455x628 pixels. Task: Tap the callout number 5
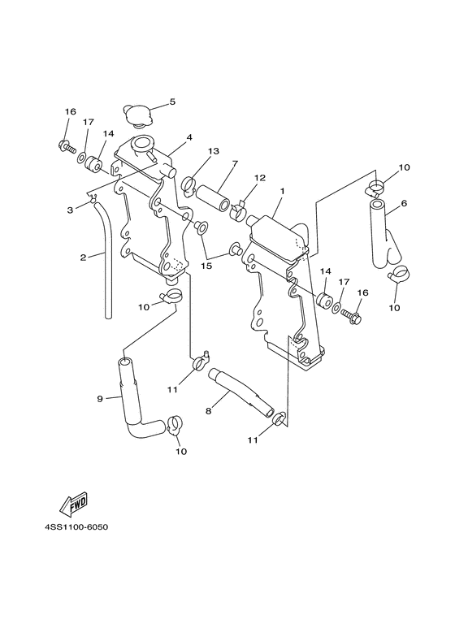(x=172, y=102)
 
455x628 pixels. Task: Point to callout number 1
(x=282, y=191)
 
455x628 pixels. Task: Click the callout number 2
(x=82, y=258)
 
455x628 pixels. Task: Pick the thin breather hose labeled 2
(x=106, y=260)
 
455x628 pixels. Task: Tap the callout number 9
(x=100, y=398)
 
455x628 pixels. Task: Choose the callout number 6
(x=404, y=203)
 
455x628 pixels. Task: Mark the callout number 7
(x=233, y=163)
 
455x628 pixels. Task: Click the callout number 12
(x=261, y=178)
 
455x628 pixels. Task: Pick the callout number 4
(x=188, y=138)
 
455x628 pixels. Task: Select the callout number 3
(x=71, y=210)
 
